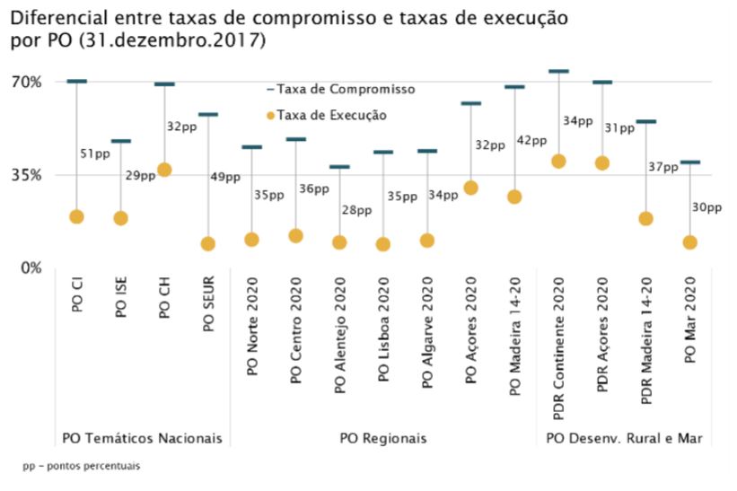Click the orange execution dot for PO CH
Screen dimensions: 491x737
[x=164, y=170]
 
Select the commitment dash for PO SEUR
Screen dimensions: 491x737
[x=208, y=114]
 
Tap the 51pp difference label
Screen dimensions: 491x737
[x=94, y=154]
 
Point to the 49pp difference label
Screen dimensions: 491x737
[x=226, y=177]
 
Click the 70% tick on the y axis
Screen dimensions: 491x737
[x=26, y=82]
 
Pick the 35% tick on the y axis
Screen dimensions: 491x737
[x=26, y=175]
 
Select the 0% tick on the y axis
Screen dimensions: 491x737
[x=30, y=267]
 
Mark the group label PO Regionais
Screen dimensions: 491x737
[x=383, y=439]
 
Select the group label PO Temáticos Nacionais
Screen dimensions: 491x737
[x=141, y=439]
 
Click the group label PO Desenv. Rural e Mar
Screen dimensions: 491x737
[x=624, y=439]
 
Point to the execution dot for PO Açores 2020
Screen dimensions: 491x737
[x=470, y=188]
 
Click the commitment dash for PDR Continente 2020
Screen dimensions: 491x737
[x=558, y=71]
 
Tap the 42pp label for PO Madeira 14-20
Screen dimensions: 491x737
[x=532, y=140]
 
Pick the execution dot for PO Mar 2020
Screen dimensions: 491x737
[x=689, y=242]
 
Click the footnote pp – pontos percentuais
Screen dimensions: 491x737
[x=82, y=467]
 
